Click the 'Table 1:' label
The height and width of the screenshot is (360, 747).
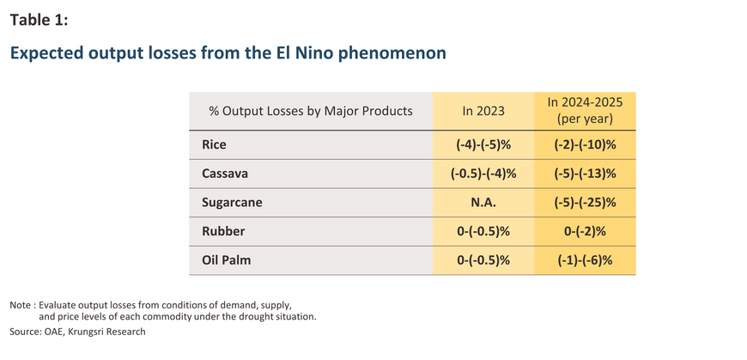pyautogui.click(x=39, y=20)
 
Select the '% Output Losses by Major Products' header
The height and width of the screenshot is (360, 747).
pyautogui.click(x=311, y=111)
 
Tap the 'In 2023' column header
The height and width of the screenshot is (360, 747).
pyautogui.click(x=483, y=111)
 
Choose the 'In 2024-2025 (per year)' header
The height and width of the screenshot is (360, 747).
pyautogui.click(x=585, y=111)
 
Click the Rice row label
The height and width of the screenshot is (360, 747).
pyautogui.click(x=214, y=144)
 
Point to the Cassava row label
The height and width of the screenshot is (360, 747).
pyautogui.click(x=225, y=174)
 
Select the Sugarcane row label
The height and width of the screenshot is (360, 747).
pyautogui.click(x=232, y=203)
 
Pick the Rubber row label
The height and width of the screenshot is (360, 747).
pyautogui.click(x=223, y=232)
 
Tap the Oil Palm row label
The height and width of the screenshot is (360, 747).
pyautogui.click(x=227, y=261)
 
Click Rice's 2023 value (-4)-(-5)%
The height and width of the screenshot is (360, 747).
pyautogui.click(x=483, y=145)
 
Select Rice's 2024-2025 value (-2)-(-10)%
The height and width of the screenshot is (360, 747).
pyautogui.click(x=585, y=145)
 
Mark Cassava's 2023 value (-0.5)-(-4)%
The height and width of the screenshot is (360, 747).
pyautogui.click(x=483, y=174)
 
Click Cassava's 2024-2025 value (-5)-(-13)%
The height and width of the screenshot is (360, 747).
pyautogui.click(x=585, y=174)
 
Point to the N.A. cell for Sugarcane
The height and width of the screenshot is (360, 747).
pyautogui.click(x=483, y=203)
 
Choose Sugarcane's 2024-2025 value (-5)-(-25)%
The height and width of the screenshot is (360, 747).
pyautogui.click(x=585, y=203)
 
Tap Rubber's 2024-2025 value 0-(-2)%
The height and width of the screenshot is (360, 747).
pyautogui.click(x=585, y=232)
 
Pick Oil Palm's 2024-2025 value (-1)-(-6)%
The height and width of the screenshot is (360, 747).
pyautogui.click(x=585, y=261)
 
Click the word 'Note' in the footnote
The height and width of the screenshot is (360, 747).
pyautogui.click(x=19, y=305)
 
